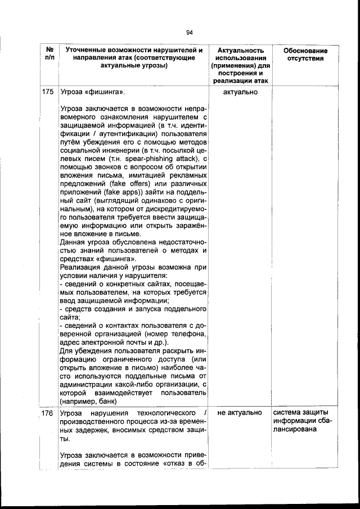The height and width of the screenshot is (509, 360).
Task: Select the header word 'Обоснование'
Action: click(x=305, y=51)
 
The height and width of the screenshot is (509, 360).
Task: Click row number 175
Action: click(x=48, y=92)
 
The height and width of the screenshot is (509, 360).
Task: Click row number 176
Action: click(x=48, y=413)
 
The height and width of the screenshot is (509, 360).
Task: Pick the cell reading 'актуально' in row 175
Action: click(x=240, y=92)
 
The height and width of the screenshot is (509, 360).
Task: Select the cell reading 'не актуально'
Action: click(x=240, y=413)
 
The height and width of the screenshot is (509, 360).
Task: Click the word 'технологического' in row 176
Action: click(x=163, y=413)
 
